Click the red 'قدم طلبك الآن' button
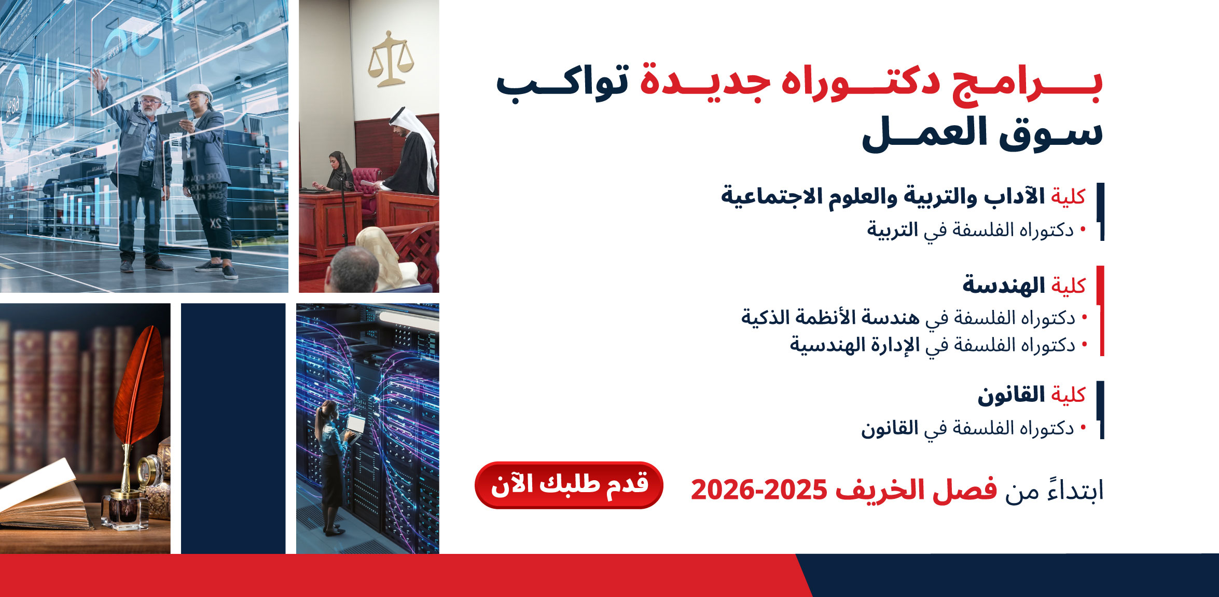[569, 485]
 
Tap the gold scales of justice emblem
[391, 59]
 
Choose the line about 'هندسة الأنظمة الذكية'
[913, 318]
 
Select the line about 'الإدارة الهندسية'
[938, 345]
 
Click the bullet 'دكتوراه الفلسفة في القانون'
[974, 429]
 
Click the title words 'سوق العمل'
[982, 134]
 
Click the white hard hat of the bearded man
[151, 94]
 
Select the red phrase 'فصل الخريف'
[916, 490]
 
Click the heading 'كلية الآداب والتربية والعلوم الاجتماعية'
[903, 196]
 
